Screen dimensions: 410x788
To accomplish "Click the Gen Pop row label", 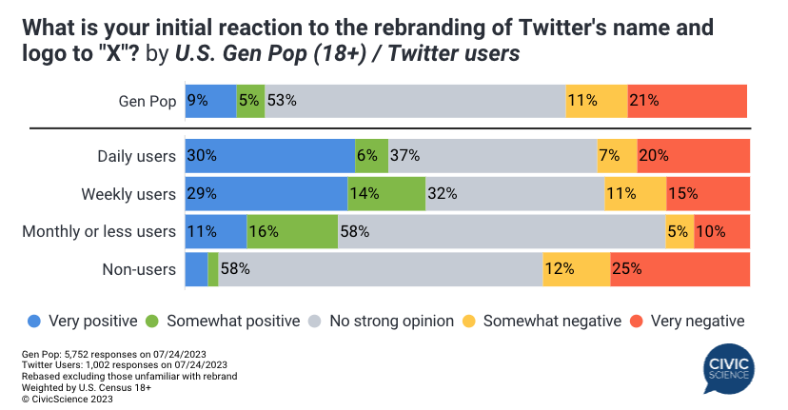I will [148, 102].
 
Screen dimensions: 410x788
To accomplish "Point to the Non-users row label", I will [138, 269].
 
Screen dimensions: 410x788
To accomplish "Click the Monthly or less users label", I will [99, 231].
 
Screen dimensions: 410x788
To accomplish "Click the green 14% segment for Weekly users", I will [385, 194].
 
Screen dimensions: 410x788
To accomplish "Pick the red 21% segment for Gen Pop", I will [687, 102].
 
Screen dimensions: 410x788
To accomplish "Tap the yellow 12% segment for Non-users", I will [576, 269].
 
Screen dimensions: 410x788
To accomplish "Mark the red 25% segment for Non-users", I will [680, 269].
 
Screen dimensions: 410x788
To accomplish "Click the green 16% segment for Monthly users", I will [292, 231].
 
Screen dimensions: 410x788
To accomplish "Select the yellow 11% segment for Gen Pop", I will [596, 102].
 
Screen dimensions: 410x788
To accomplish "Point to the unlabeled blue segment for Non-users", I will [196, 269].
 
